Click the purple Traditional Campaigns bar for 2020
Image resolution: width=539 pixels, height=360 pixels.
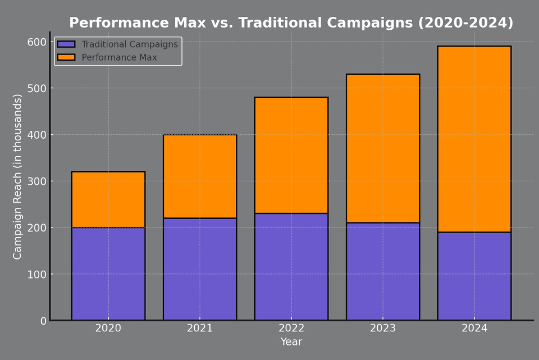coord(108,274)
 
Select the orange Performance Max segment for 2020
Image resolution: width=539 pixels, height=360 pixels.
coord(108,199)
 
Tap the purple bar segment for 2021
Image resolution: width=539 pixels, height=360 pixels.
coord(199,269)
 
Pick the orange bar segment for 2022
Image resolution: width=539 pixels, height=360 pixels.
coord(291,155)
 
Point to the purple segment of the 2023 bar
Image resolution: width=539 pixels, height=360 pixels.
coord(382,271)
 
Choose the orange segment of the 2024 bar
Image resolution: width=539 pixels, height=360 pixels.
coord(474,139)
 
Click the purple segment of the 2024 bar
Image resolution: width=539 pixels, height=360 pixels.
coord(474,276)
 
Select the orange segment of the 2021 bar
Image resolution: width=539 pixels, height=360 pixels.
coord(199,176)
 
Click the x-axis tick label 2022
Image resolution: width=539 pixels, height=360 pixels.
coord(291,328)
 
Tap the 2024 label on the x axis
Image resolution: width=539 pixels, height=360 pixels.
coord(474,328)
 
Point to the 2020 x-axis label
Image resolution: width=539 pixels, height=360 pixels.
coord(108,328)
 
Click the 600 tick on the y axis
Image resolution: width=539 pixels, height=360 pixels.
coord(36,42)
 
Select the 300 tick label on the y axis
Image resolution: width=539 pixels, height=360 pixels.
coord(36,181)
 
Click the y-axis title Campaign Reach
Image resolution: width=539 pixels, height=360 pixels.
coord(17,176)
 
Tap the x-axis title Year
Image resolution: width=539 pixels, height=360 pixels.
coord(291,342)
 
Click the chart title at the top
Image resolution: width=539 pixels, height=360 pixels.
coord(291,23)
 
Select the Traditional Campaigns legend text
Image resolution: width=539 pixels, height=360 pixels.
coord(130,44)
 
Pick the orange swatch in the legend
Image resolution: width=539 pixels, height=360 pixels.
coord(66,57)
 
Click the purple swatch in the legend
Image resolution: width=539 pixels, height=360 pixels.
coord(66,44)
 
